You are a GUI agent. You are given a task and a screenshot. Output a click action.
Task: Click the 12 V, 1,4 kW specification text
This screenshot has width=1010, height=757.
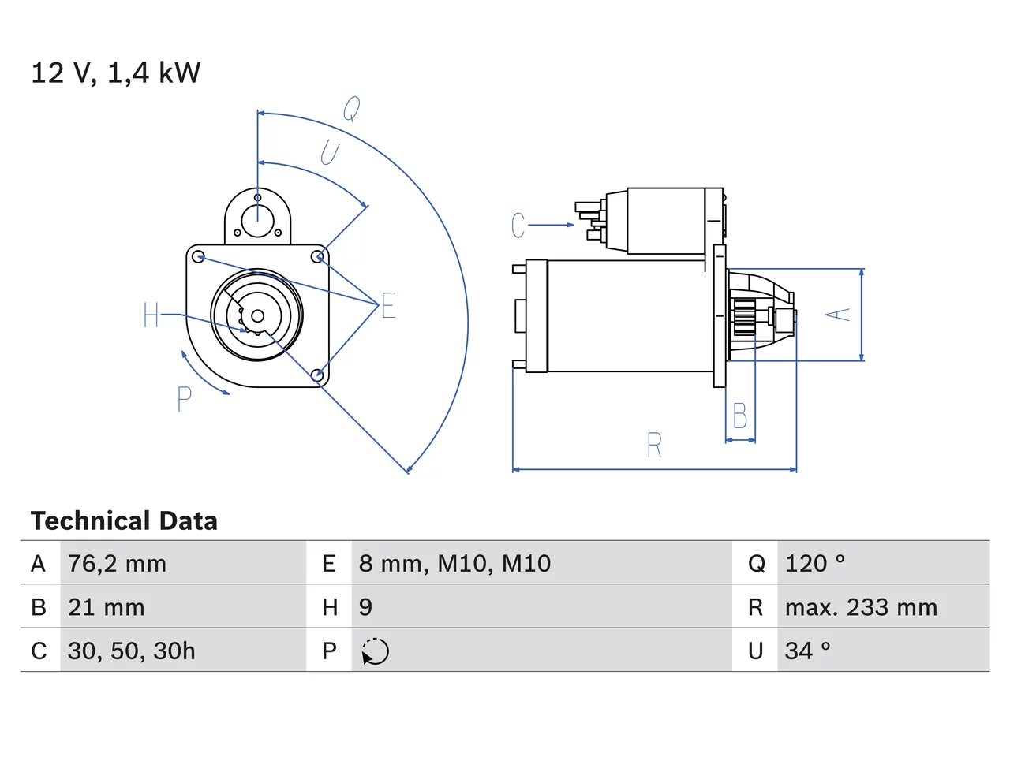pos(115,73)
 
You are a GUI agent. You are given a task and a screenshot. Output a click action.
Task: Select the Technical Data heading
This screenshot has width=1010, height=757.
pos(124,520)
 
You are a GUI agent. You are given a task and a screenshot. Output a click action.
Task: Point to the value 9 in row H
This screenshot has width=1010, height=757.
pos(365,607)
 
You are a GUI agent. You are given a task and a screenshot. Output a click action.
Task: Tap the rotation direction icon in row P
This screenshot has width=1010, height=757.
pos(375,651)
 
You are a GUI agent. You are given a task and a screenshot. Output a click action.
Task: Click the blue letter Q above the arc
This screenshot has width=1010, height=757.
pos(352,109)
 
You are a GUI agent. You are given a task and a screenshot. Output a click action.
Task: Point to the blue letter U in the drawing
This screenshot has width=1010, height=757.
pos(330,153)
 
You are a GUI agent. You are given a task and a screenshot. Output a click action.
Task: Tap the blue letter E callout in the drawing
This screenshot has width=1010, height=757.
pos(388,305)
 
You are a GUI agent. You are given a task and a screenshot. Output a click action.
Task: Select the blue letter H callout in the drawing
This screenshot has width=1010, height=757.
pos(151,315)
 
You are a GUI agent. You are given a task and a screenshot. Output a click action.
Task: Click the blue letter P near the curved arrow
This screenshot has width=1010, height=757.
pos(184,399)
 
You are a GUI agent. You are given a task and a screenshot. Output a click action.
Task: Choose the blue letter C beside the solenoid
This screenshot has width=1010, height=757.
pos(518,226)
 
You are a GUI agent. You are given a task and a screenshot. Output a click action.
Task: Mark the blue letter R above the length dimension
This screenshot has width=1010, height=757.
pos(654,445)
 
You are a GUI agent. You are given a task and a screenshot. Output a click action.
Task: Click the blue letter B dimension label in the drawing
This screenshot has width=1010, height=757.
pos(740,416)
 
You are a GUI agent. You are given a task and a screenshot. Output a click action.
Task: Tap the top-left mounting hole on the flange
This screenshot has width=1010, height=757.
pos(198,256)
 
